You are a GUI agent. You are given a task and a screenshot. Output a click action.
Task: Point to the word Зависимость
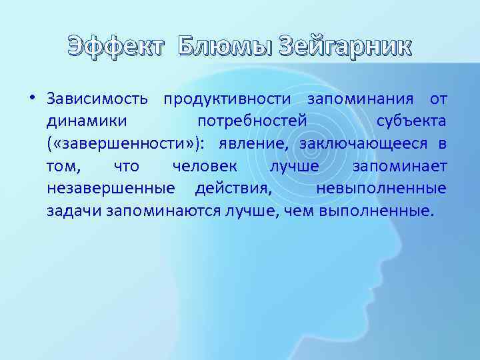(x=99, y=100)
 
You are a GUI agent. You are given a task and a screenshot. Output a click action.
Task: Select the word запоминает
(x=399, y=167)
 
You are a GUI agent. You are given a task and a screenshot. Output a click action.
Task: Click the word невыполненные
(x=381, y=189)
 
